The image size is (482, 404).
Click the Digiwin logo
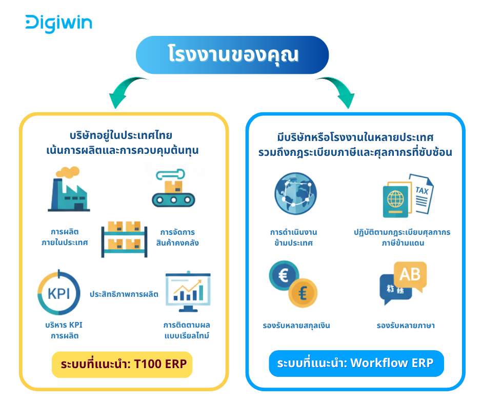pos(59,24)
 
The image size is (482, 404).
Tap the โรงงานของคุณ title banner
pos(232,55)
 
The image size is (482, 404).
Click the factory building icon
pos(69,189)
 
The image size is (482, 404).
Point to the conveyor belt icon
pos(173,188)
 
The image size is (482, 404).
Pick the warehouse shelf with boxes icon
pos(125,239)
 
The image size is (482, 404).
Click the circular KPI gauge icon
pos(59,293)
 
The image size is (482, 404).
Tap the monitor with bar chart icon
pos(188,292)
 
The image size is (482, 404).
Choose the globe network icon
pos(295,193)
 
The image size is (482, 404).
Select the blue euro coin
pos(284,275)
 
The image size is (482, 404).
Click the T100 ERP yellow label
pos(122,365)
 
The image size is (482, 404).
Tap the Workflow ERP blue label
pos(356,363)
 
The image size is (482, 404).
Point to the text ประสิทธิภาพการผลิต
pos(124,294)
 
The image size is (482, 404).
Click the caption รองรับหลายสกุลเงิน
pos(296,326)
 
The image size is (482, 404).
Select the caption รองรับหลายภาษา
pos(406,326)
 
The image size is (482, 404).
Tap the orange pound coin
pos(303,293)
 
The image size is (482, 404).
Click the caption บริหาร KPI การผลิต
pos(64,330)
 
